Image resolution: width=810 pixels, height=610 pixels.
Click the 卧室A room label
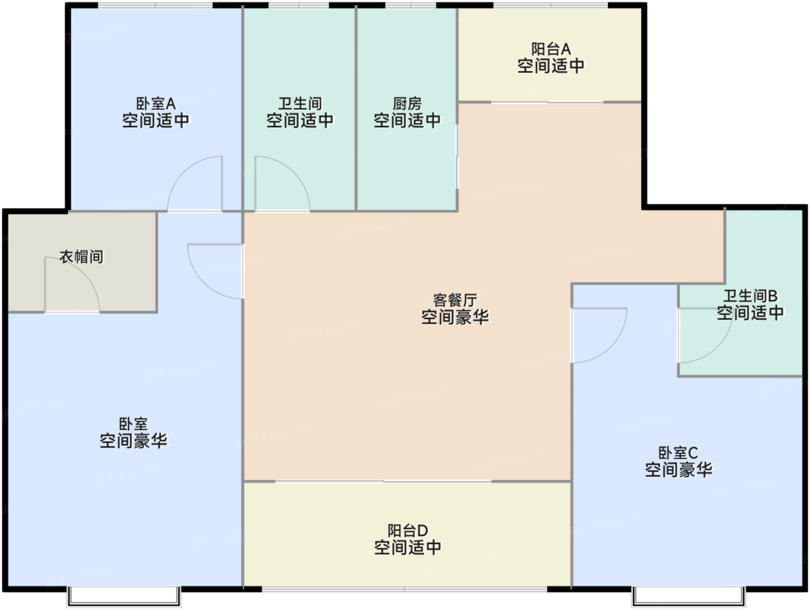tap(156, 104)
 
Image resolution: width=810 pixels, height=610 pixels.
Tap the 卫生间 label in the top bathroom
tap(300, 104)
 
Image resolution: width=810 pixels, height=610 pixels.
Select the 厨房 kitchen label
tap(407, 104)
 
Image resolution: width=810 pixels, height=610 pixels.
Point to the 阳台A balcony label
tap(551, 50)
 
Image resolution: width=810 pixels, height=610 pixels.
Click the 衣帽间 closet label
tap(82, 257)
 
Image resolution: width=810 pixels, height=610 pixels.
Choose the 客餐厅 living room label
tap(455, 300)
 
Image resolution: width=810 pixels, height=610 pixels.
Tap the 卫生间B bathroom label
tap(750, 296)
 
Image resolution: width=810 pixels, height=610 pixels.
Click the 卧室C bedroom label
tap(678, 453)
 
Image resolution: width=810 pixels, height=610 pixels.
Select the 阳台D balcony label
tap(407, 531)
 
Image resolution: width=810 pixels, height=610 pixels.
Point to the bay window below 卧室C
tap(688, 596)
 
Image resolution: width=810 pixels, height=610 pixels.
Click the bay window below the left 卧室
tap(124, 596)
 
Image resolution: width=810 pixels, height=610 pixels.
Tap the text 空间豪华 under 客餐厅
tap(455, 317)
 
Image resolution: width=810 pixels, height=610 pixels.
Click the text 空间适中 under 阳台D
tap(407, 547)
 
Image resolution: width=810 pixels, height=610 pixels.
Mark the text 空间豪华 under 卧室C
tap(678, 469)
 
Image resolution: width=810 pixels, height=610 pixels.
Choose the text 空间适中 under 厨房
tap(407, 121)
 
